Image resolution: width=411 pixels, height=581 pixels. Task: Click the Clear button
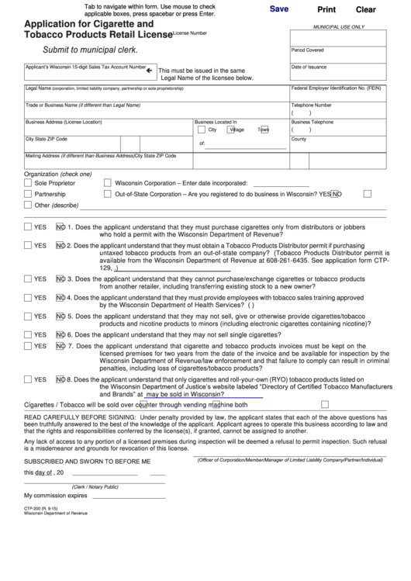365,10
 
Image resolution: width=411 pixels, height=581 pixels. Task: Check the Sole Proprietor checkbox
28,182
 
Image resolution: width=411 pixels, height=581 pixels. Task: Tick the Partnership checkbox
28,194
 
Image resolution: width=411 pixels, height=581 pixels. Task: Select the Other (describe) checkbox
28,206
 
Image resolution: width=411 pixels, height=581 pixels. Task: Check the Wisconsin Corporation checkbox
108,182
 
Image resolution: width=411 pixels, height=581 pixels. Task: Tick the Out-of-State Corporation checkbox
108,194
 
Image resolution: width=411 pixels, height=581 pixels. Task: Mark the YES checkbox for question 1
28,228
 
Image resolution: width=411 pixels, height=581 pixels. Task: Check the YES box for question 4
28,297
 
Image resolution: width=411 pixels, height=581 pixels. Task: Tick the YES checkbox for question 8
28,379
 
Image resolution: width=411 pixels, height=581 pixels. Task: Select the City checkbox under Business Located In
200,130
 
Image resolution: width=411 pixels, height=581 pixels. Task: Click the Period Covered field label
308,50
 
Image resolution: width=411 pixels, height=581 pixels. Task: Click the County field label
299,139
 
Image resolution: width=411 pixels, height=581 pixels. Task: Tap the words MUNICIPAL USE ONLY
337,26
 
